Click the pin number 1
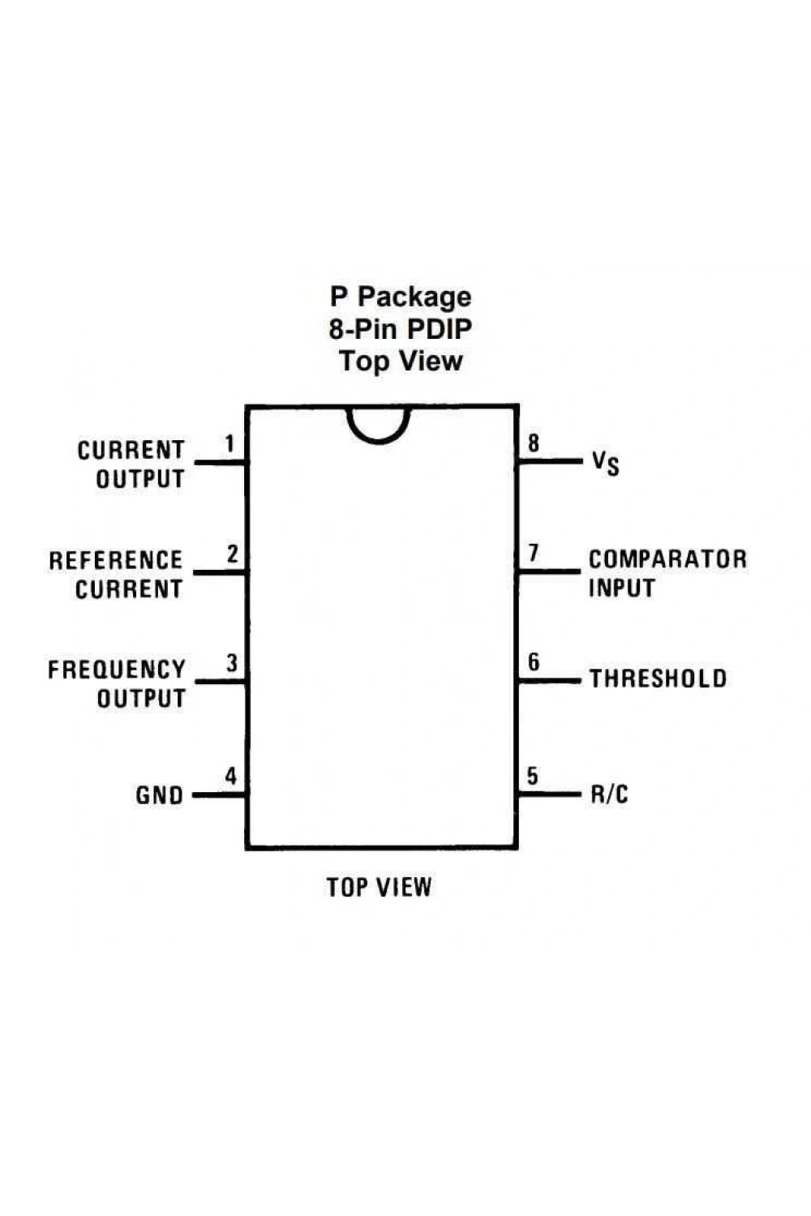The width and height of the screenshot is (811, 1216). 230,443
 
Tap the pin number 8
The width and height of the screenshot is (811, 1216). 534,443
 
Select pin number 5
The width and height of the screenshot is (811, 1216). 532,776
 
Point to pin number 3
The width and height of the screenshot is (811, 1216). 232,663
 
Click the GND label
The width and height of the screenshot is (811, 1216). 160,796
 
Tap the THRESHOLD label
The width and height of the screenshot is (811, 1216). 659,679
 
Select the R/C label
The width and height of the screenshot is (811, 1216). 610,794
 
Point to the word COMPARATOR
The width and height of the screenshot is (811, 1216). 668,559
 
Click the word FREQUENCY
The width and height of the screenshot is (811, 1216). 117,670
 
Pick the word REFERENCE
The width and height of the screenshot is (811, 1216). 116,560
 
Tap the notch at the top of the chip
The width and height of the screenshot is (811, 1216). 379,443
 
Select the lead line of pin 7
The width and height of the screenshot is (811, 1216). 548,571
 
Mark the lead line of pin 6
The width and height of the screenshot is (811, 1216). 548,680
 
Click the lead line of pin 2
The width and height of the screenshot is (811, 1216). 220,572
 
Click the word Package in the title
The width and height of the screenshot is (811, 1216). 414,298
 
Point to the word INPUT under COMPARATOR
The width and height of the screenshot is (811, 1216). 622,588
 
